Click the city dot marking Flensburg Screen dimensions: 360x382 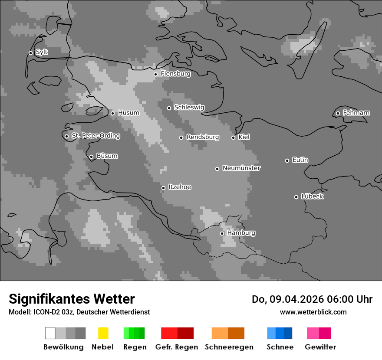(x=155, y=74)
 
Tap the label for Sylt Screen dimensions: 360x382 (x=42, y=52)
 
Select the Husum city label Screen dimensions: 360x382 (x=128, y=113)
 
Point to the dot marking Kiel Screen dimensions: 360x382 (x=233, y=137)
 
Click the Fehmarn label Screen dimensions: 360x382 (x=356, y=113)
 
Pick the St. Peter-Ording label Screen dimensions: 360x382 (x=95, y=136)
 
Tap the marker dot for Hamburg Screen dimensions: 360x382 (x=222, y=233)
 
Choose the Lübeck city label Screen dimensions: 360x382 (x=312, y=196)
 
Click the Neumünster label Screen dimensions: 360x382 (x=241, y=168)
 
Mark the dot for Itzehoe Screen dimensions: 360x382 (x=163, y=188)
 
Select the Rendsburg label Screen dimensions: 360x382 (x=203, y=137)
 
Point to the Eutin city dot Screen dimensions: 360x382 (x=287, y=160)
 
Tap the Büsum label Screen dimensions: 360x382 (x=107, y=156)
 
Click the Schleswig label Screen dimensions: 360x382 (x=189, y=107)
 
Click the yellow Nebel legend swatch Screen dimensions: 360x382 (x=103, y=333)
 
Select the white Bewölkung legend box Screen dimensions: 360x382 (x=50, y=333)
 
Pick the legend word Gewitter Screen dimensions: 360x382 (x=320, y=347)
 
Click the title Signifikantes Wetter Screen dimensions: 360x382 (x=72, y=299)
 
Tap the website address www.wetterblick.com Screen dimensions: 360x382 (x=313, y=312)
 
